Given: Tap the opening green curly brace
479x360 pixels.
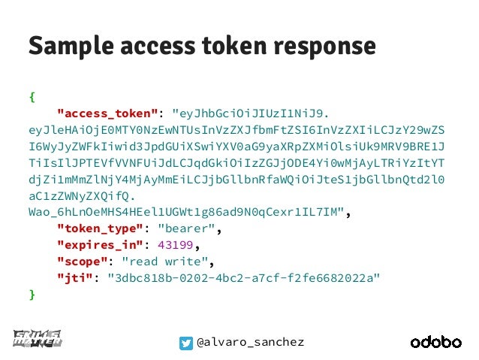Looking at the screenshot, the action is (32, 97).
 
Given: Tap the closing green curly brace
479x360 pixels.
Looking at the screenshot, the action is (32, 295).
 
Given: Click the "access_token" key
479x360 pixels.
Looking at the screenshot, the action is (108, 113).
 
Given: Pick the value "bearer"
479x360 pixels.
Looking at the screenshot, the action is (190, 228).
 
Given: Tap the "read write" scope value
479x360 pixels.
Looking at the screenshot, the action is (166, 262).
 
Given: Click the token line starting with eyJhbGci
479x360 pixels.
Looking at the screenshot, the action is (251, 113).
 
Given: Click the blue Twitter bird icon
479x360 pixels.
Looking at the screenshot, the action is (185, 343).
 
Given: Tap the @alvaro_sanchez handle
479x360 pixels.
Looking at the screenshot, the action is (251, 343).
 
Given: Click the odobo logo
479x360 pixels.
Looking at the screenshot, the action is (435, 342).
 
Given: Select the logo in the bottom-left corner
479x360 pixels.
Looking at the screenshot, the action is (38, 340).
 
